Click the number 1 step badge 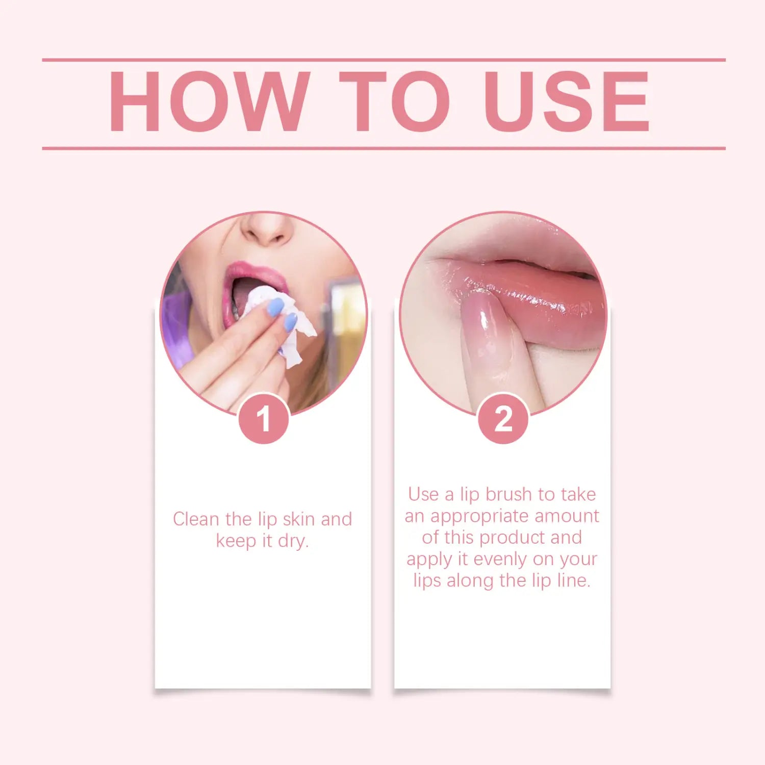click(x=264, y=419)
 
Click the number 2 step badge click(x=503, y=419)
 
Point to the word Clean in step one click(x=196, y=519)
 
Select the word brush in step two click(x=508, y=494)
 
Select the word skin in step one click(x=298, y=519)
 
